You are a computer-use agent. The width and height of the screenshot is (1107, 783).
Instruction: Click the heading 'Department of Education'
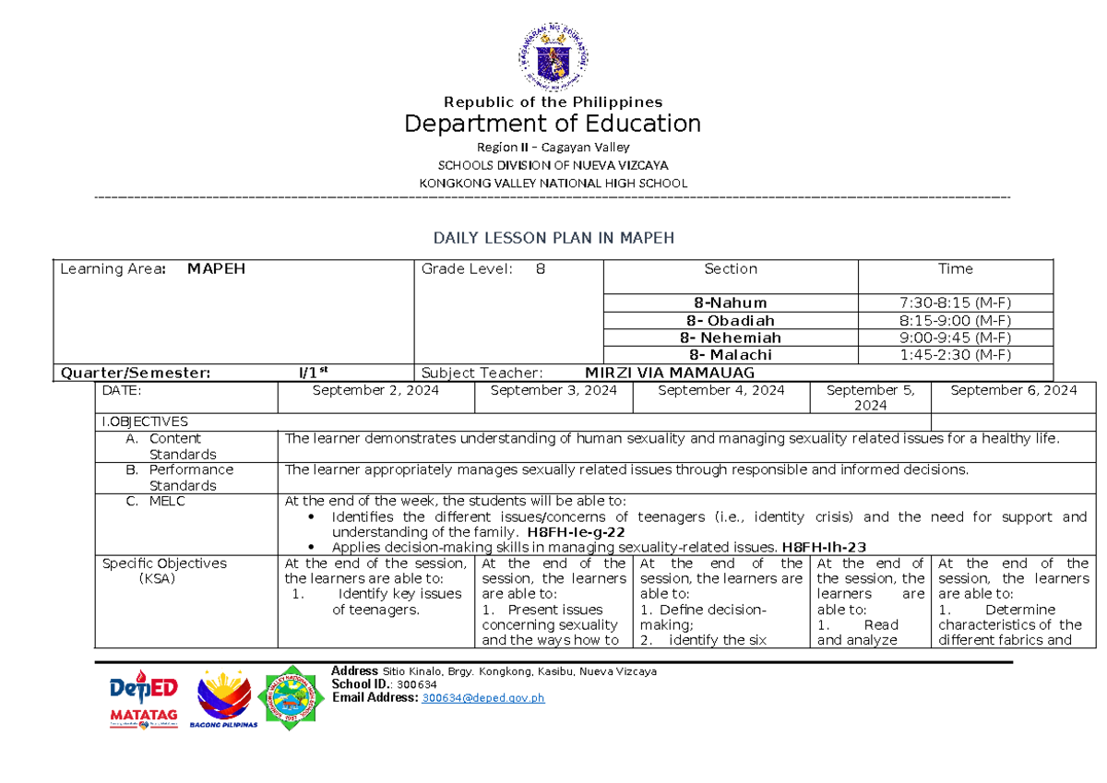[x=553, y=124]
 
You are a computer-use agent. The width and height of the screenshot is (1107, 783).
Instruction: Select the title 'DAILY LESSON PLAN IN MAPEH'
[x=553, y=238]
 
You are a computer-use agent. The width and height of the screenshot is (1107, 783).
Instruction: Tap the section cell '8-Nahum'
[x=731, y=303]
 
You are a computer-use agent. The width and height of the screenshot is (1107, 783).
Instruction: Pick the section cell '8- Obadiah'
[x=731, y=320]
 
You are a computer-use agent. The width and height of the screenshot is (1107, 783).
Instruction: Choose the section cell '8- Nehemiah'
[x=731, y=338]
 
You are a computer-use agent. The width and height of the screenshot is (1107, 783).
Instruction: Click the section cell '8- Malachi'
[x=731, y=355]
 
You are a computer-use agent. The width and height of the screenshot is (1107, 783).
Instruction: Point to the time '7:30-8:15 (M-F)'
[x=956, y=303]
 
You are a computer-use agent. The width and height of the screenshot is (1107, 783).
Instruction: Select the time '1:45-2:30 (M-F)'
[x=956, y=355]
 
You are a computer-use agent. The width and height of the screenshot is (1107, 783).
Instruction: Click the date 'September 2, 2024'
[x=375, y=390]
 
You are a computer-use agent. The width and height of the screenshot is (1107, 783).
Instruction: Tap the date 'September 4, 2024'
[x=720, y=390]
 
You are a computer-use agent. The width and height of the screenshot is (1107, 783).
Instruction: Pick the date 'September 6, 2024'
[x=1013, y=390]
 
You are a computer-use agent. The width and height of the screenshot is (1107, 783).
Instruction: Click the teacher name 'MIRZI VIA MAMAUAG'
[x=670, y=373]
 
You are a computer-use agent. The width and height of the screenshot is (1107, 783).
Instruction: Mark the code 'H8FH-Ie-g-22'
[x=577, y=532]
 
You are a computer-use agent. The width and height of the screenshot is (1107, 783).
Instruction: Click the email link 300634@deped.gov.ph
[x=482, y=698]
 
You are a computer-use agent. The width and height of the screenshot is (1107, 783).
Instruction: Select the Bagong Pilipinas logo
[x=224, y=699]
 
